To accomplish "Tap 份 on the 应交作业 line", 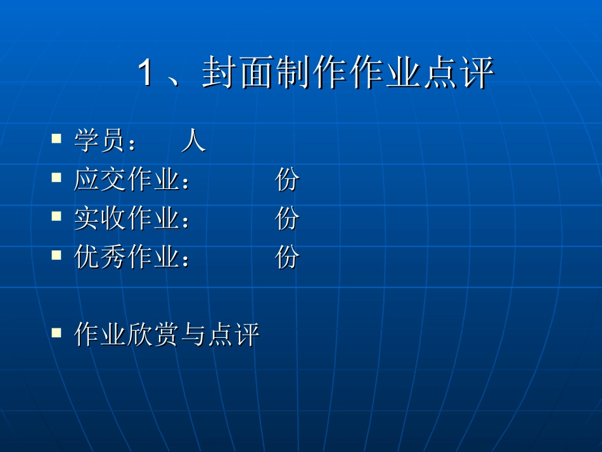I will coord(287,181).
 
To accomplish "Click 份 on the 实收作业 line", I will coord(287,219).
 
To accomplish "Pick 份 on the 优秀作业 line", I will coord(287,257).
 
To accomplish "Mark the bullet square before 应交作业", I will coord(57,177).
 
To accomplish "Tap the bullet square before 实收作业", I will coord(57,216).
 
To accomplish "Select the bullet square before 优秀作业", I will coord(57,254).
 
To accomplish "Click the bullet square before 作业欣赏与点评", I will coord(57,332).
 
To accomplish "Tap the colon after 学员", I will coord(132,143).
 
